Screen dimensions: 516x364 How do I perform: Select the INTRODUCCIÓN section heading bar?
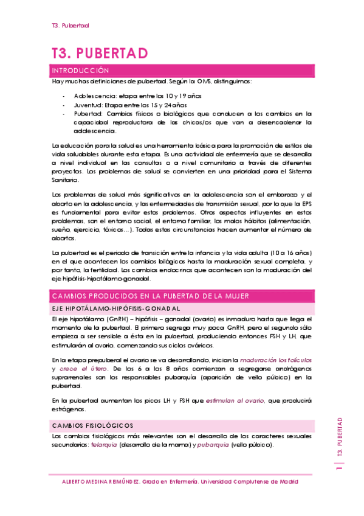[x=182, y=71]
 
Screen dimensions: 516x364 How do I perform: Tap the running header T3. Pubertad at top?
[x=70, y=26]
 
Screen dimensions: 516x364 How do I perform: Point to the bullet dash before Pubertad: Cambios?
[x=65, y=113]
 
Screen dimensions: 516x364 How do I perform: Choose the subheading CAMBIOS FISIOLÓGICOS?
[x=94, y=425]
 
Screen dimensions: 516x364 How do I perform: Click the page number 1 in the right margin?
[x=340, y=467]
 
